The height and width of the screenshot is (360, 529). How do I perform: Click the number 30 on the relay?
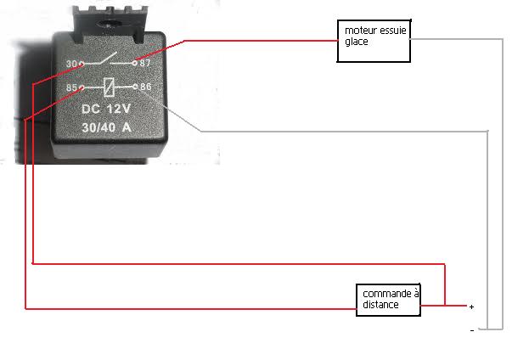pos(70,64)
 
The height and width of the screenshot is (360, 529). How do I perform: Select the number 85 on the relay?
pos(70,87)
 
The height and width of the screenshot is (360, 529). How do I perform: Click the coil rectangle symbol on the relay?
pos(108,87)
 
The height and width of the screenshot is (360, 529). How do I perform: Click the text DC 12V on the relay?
pos(107,110)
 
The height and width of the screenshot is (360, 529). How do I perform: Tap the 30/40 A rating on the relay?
pos(107,127)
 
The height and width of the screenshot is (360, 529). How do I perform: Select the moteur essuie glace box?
pos(373,42)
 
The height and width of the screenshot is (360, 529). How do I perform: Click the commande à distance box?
pos(388,299)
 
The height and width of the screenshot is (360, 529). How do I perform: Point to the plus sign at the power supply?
pos(471,307)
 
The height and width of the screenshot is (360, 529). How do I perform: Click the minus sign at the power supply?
pos(471,330)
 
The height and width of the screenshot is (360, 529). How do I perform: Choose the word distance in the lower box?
pos(380,305)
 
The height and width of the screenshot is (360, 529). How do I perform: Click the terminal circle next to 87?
pos(134,63)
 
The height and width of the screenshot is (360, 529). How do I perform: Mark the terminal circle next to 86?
pos(134,87)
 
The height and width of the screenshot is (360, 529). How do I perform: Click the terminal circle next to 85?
pos(82,87)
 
